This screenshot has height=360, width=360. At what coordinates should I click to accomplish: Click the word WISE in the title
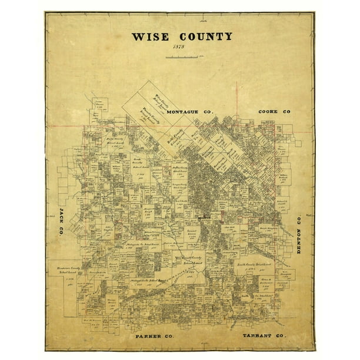(149, 36)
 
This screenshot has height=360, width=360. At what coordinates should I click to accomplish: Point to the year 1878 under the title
(179, 48)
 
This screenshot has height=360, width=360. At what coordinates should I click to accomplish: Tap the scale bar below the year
(182, 57)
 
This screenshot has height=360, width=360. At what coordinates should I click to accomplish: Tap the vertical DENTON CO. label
(298, 233)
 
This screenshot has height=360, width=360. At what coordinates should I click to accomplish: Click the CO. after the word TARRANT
(281, 336)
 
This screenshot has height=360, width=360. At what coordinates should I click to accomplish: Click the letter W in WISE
(137, 36)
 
